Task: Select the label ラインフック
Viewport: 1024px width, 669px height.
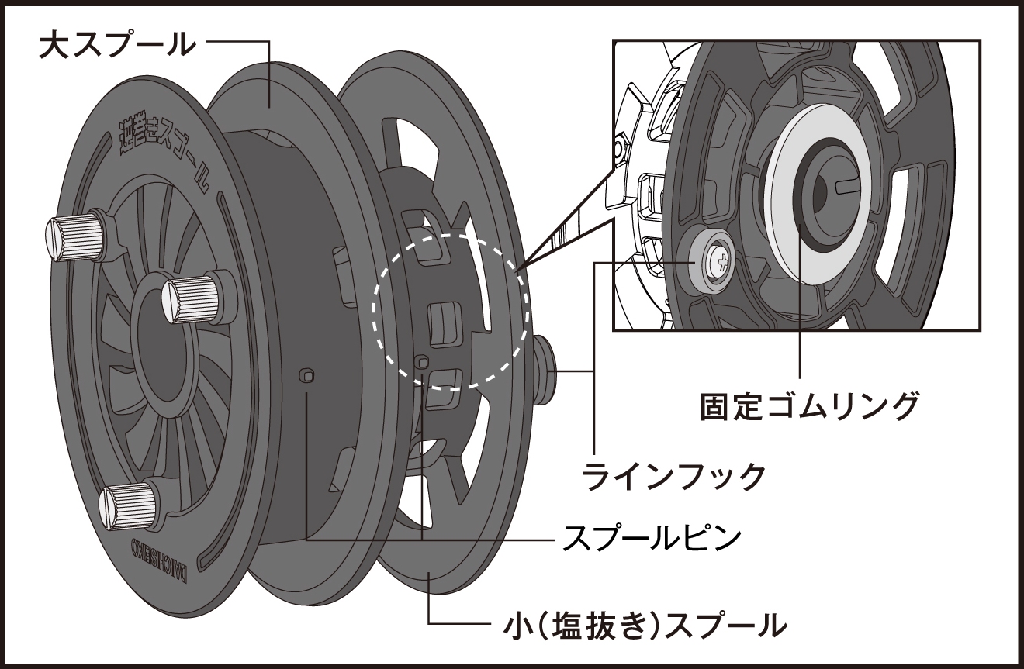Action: pyautogui.click(x=674, y=475)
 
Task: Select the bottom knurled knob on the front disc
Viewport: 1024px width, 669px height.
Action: pyautogui.click(x=129, y=505)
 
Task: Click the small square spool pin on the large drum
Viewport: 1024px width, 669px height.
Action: pyautogui.click(x=309, y=376)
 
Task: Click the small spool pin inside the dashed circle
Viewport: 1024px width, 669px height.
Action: pyautogui.click(x=421, y=361)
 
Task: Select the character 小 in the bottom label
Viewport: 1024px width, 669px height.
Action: pyautogui.click(x=507, y=622)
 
